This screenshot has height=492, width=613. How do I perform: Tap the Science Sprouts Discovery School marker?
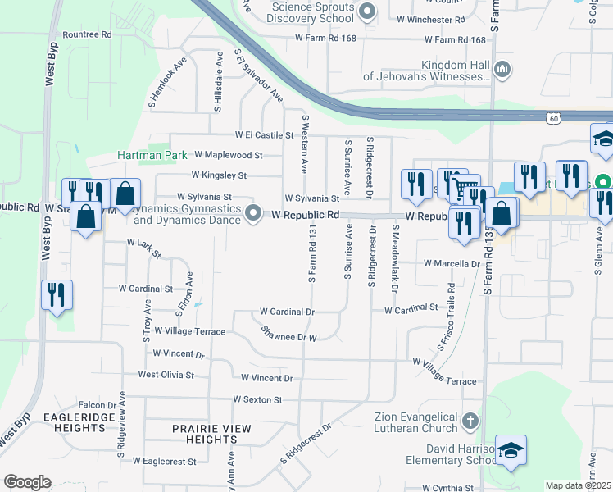coord(367,11)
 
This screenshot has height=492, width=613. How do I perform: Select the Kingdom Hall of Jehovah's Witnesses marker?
coord(502,71)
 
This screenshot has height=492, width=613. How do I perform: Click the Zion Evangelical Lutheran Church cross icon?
coord(470,421)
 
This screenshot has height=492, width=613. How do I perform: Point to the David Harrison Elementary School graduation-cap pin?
coord(511,451)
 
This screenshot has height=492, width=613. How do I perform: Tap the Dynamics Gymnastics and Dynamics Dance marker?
coord(254,214)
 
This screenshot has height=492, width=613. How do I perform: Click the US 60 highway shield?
coord(555,120)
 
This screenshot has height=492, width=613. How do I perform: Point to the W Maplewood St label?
coord(228,154)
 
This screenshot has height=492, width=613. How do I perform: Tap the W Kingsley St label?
coord(219,175)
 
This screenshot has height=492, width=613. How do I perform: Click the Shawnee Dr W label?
coord(288,334)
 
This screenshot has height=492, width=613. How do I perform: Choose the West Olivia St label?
coord(166,375)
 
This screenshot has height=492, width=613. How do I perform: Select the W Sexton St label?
coord(257,399)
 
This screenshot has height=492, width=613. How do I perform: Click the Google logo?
coord(27,482)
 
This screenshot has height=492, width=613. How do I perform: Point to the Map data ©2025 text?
coord(578,485)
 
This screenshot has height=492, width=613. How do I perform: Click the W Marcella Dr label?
coord(451,264)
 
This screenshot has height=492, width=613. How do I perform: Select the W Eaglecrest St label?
coord(166,462)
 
